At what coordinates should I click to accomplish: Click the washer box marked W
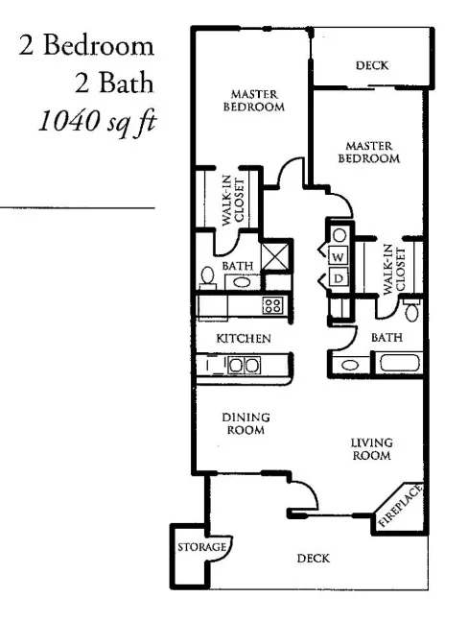coord(339,257)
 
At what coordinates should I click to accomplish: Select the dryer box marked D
coord(339,278)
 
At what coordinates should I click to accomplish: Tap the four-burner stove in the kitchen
coord(271,306)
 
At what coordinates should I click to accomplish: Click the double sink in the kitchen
coord(243,365)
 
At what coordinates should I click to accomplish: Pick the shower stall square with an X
coord(275,256)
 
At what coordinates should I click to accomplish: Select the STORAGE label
coord(201,546)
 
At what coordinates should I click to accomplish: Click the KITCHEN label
coord(243,338)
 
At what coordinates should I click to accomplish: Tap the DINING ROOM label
coord(246,424)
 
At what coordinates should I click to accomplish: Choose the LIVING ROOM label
coord(370,448)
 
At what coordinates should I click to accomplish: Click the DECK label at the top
coord(371,66)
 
